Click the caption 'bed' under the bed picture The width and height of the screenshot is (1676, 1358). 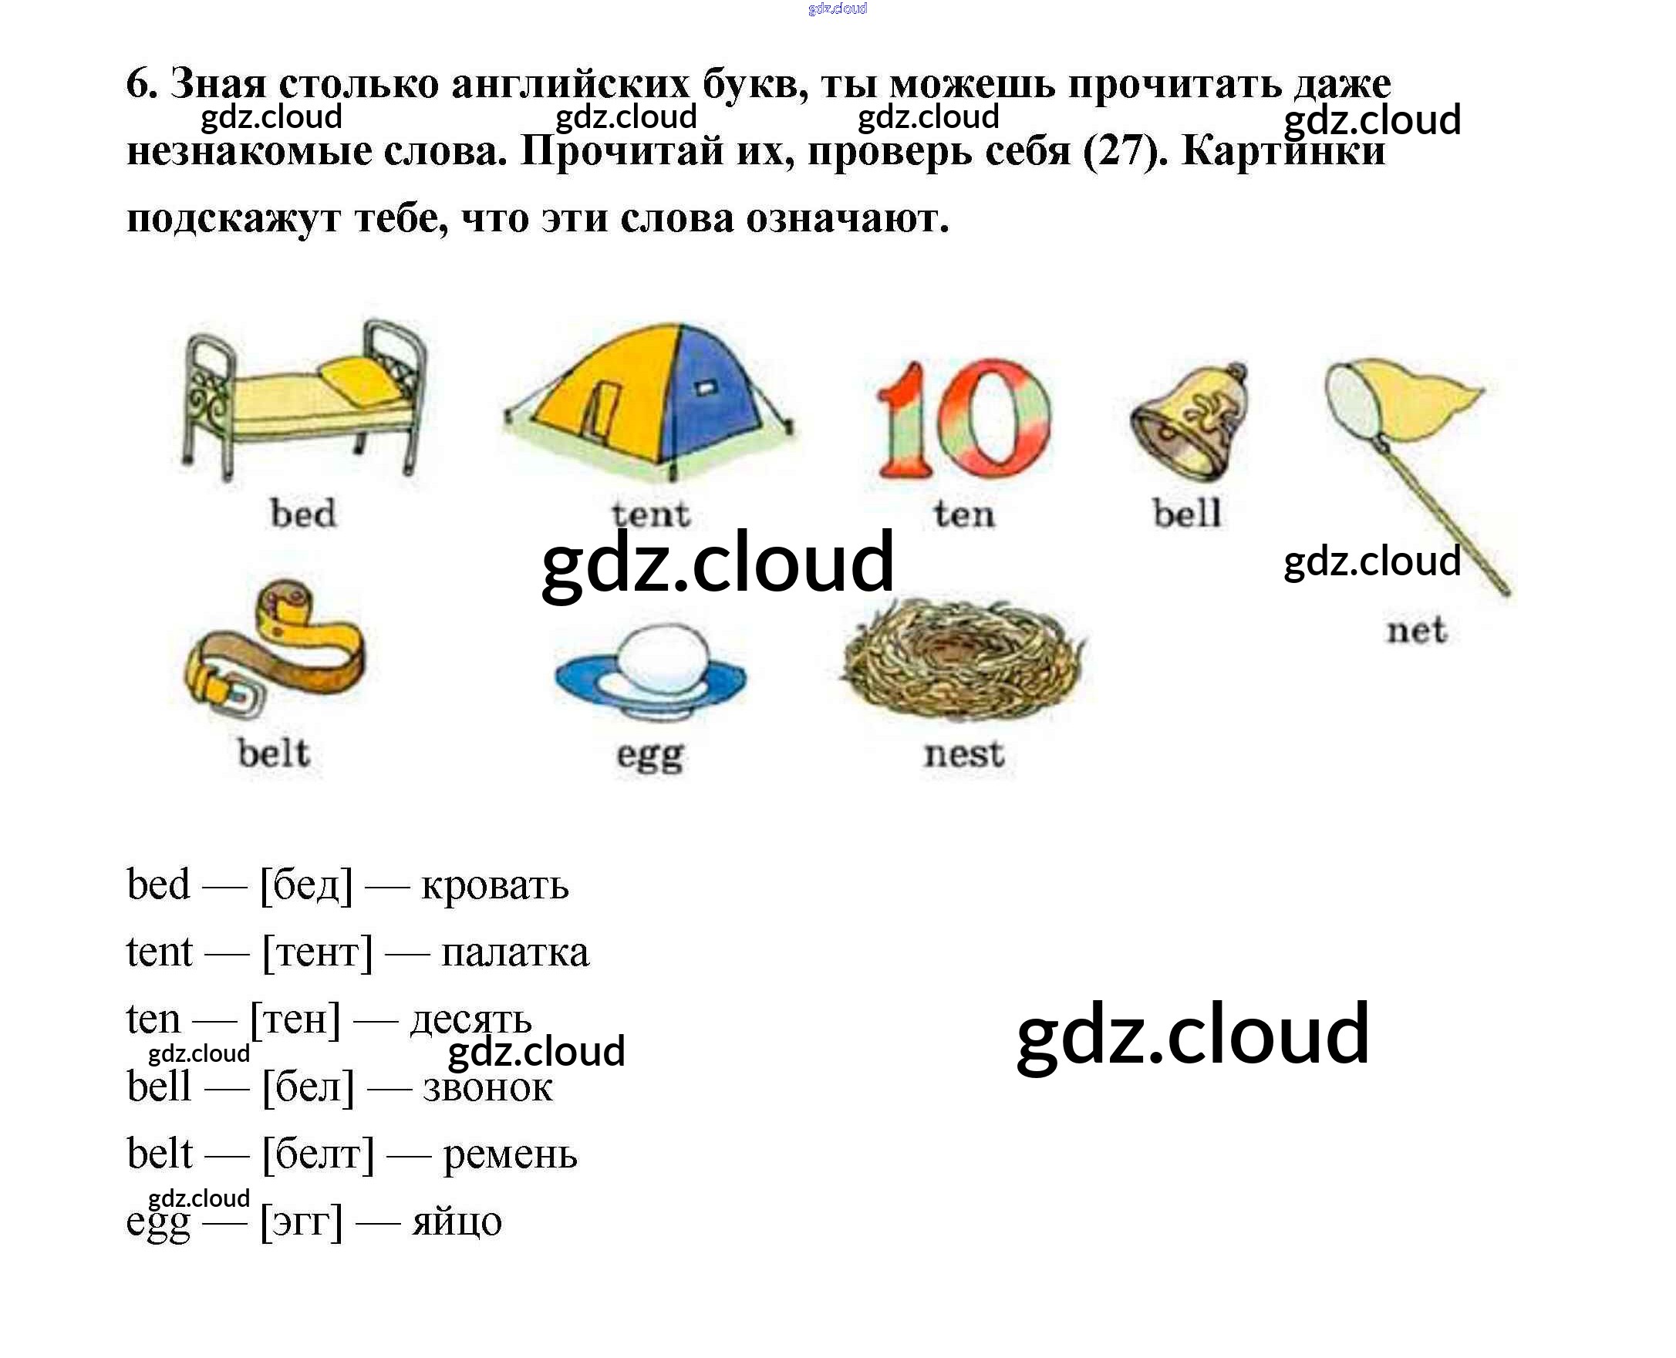303,513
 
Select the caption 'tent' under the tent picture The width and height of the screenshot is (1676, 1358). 651,514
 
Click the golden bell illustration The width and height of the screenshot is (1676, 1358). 1189,423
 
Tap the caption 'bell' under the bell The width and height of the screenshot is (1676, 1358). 1186,513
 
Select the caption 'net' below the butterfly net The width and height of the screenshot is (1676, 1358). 1416,631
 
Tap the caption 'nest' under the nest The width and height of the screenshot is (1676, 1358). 963,754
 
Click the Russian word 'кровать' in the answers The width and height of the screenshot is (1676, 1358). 494,885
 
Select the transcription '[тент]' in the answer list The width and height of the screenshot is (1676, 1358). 317,953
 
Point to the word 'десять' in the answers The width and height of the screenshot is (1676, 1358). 471,1019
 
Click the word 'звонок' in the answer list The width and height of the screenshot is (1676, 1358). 487,1087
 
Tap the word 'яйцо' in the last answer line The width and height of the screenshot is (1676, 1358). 457,1221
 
